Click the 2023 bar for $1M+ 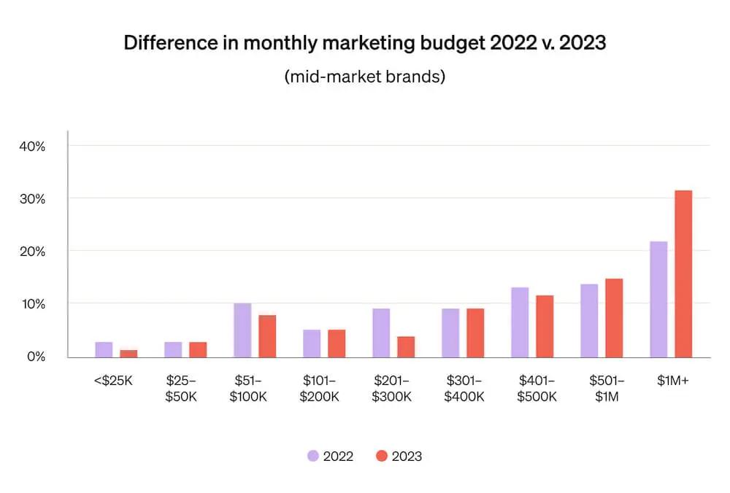(x=683, y=273)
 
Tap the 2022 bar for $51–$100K (x=242, y=330)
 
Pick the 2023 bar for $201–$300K (x=406, y=347)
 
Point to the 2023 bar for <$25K (x=128, y=354)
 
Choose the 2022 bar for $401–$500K (x=520, y=322)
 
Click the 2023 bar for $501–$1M (x=614, y=317)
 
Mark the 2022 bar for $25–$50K (x=173, y=349)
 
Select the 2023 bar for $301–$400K (x=475, y=333)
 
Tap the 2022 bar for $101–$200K (x=312, y=343)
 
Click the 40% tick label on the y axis (x=31, y=146)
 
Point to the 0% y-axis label (x=35, y=356)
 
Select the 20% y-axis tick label (x=31, y=251)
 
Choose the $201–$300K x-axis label (x=392, y=388)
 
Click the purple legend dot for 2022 (x=312, y=456)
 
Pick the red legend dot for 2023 (x=381, y=456)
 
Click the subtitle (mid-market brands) (x=364, y=77)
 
